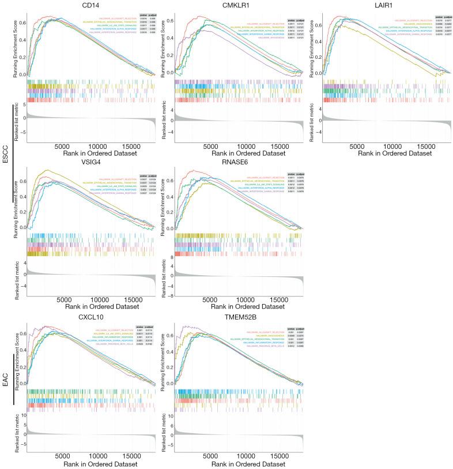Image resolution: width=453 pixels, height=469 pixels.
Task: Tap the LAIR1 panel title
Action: point(380,6)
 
